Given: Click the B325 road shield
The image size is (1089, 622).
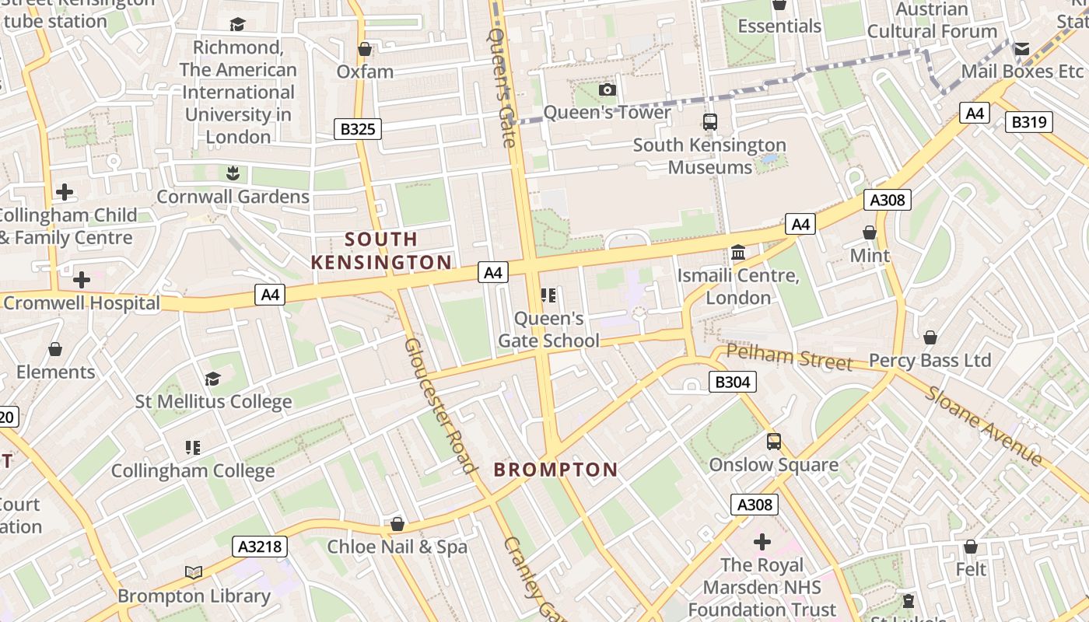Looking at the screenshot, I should [x=358, y=128].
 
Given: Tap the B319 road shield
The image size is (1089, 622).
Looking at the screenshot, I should [x=1028, y=122].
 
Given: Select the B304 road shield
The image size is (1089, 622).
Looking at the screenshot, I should [x=732, y=382].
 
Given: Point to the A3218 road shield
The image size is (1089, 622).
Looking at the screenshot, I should [x=259, y=547].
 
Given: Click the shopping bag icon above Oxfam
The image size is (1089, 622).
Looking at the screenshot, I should [x=364, y=50].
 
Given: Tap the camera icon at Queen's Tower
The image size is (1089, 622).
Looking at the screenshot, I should [x=608, y=90].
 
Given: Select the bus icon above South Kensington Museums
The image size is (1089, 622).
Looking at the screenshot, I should [x=709, y=122].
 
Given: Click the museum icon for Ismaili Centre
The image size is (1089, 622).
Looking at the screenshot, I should [x=737, y=253].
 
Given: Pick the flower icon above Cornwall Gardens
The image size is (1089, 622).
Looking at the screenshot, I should [x=233, y=173].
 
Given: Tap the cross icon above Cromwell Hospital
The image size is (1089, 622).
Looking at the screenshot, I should [x=82, y=280].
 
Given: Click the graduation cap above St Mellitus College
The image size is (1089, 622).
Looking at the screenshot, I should [x=212, y=379].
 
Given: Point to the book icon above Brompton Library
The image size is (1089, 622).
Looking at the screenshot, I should [x=194, y=573].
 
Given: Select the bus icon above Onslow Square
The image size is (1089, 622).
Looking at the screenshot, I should [x=773, y=442].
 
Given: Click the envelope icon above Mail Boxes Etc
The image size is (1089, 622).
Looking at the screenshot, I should [x=1021, y=49].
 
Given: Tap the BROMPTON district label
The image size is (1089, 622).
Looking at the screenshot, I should [x=555, y=470].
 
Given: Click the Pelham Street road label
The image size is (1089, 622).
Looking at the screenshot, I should [x=789, y=358].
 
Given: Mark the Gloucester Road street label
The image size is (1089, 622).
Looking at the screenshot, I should [x=439, y=404].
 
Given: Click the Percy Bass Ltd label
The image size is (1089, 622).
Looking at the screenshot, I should [x=930, y=361].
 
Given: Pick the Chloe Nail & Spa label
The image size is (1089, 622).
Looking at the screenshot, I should [x=397, y=547].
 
